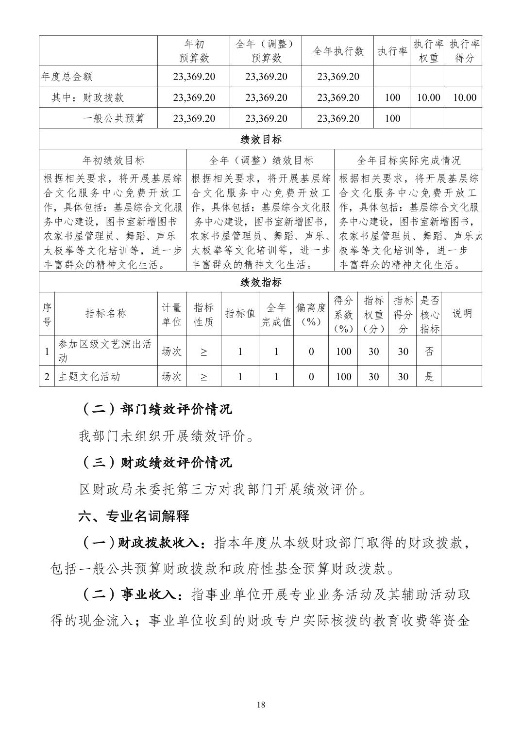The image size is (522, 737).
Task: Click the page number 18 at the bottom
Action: [261, 705]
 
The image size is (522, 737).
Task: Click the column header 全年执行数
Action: [338, 51]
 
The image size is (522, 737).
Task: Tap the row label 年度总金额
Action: [67, 77]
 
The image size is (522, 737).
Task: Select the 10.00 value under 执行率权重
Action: [428, 97]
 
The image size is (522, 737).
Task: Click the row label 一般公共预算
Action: [114, 118]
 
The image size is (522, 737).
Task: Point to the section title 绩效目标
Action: [261, 140]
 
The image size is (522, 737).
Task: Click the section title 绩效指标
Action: [261, 282]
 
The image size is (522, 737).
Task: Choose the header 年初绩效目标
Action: [114, 160]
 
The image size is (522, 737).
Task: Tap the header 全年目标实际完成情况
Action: [408, 160]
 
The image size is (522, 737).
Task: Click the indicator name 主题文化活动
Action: [89, 377]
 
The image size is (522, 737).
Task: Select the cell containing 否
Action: [429, 352]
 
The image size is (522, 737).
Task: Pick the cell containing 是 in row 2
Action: [429, 377]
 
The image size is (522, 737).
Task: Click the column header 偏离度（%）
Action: [311, 314]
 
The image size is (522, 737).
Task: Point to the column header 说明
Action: [462, 314]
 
